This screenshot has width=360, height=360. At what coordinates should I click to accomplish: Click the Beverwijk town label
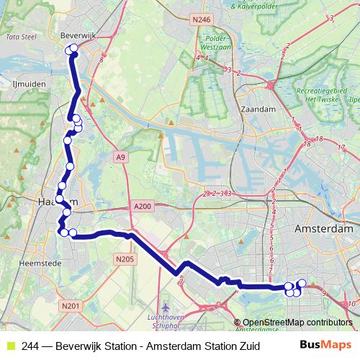(x=74, y=35)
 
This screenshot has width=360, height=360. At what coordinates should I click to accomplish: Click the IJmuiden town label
(x=29, y=84)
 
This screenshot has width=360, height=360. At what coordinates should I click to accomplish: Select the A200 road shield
(x=142, y=207)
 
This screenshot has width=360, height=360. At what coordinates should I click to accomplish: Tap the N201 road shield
(x=70, y=307)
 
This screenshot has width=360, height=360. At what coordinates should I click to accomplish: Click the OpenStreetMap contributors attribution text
(x=297, y=323)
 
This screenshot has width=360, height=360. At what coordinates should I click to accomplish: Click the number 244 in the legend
(x=31, y=345)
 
